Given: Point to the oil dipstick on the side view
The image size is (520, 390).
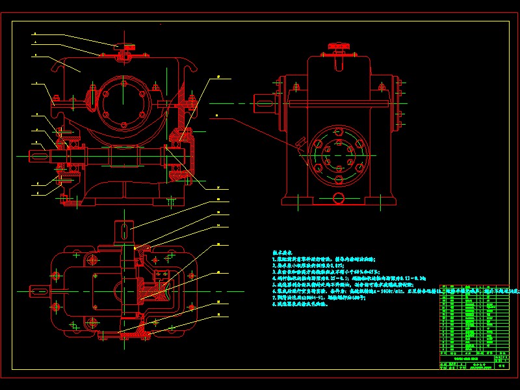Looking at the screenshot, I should click(300, 144).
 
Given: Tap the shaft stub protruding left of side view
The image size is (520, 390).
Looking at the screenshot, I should click(265, 103).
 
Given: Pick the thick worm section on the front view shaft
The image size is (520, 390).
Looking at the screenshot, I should click(123, 157).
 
